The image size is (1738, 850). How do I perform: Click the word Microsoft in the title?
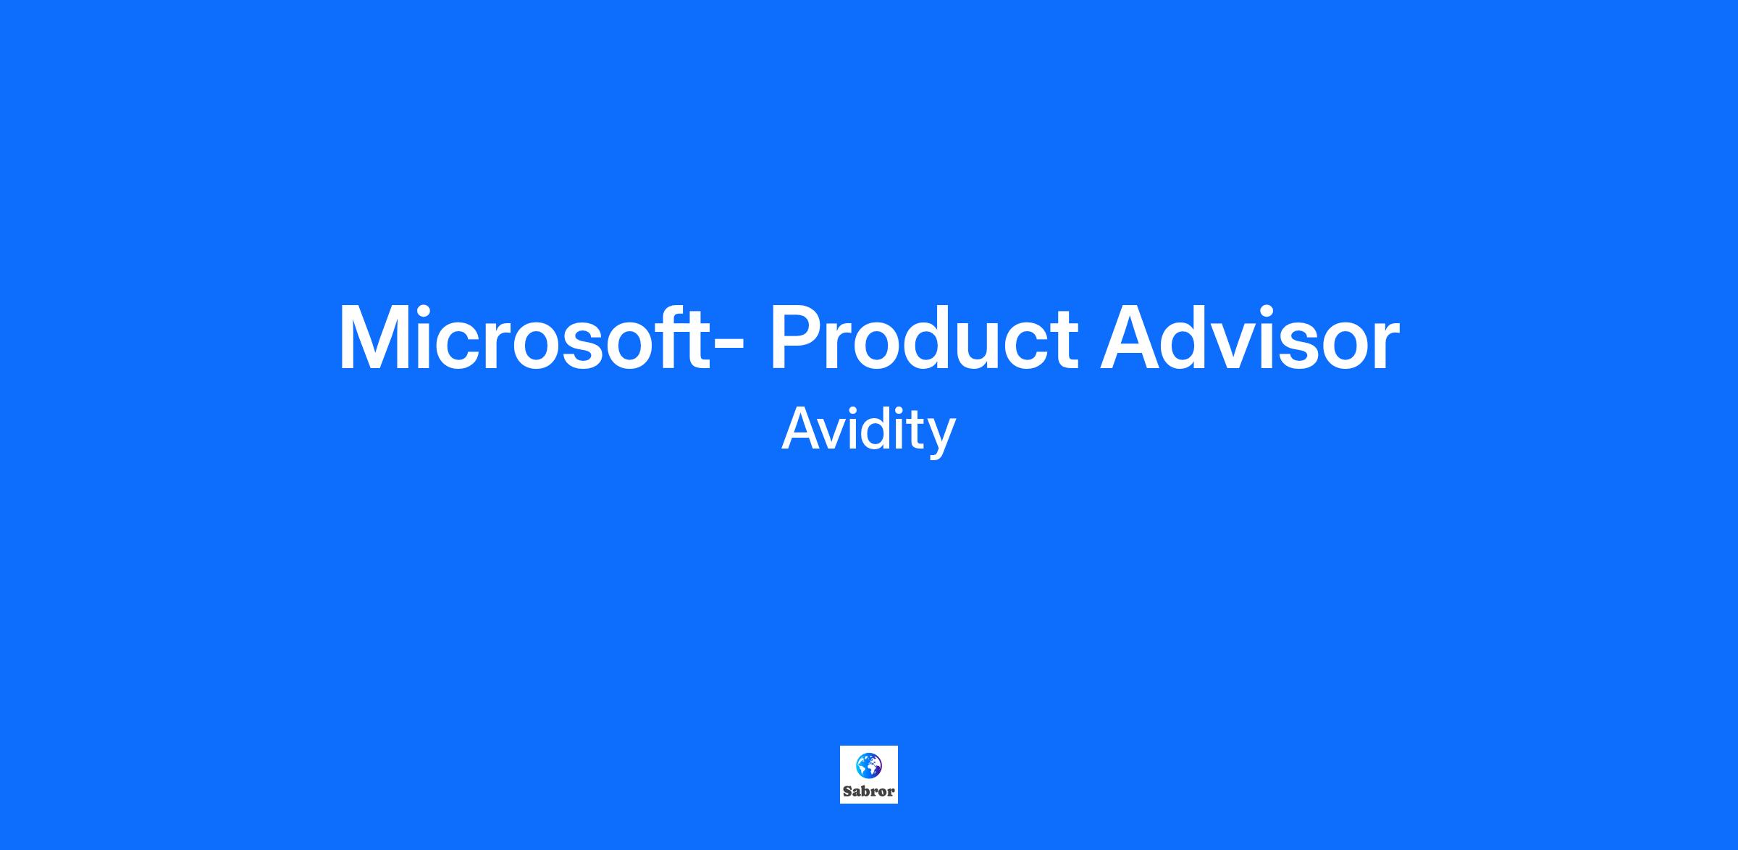[x=524, y=338]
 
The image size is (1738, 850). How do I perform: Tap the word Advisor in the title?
[x=1250, y=338]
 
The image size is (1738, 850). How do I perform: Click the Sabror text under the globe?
[x=869, y=791]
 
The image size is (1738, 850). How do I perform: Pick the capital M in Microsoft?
[x=373, y=338]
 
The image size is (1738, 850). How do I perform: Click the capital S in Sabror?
[x=848, y=791]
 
